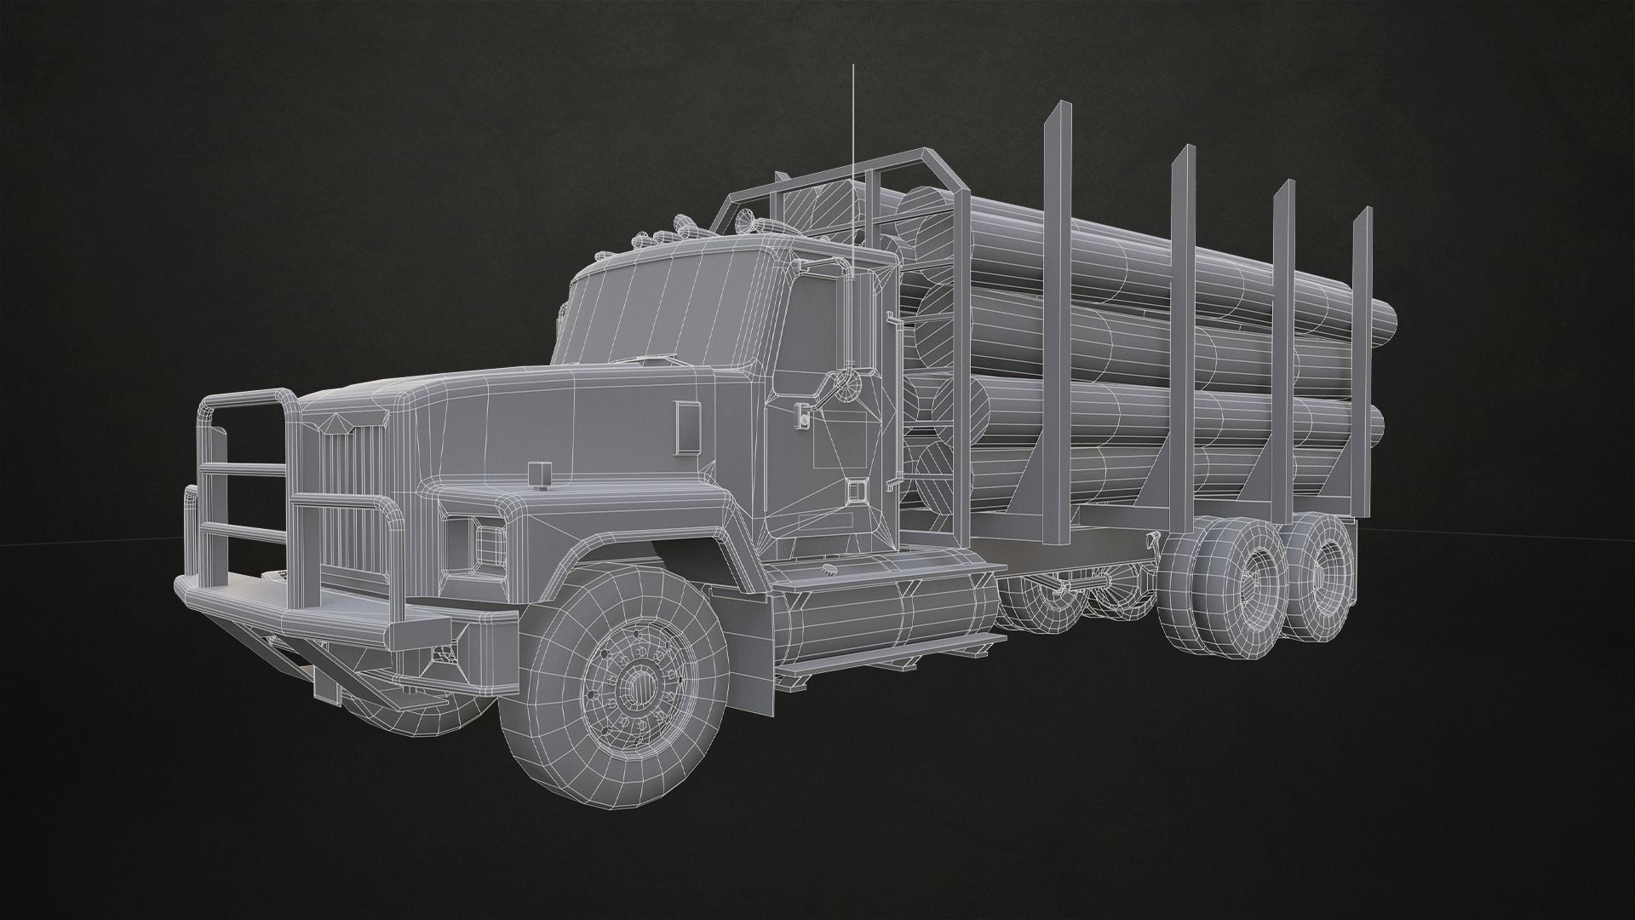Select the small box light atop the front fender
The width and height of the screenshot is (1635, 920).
pos(538,475)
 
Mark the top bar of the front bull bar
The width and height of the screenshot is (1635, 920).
pos(247,399)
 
